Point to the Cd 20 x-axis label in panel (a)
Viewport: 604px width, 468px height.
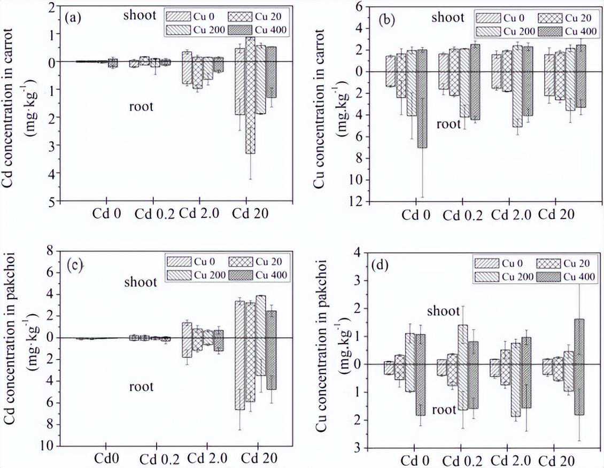[251, 214]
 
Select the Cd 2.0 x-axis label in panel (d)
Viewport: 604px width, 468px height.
[512, 459]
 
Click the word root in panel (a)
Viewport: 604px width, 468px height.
[141, 107]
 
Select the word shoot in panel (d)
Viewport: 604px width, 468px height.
[443, 311]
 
